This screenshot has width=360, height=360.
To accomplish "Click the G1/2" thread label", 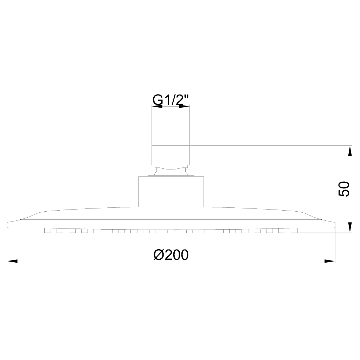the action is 171,100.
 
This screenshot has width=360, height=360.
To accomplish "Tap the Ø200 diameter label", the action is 171,255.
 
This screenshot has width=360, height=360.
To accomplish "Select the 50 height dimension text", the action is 344,189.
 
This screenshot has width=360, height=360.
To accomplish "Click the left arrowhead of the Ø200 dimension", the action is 12,261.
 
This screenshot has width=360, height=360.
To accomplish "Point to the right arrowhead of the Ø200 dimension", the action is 330,261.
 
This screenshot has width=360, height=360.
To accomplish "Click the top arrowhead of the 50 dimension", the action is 350,150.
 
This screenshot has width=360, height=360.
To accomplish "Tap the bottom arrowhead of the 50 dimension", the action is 350,227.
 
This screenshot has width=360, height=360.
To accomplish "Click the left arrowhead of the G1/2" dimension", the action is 157,106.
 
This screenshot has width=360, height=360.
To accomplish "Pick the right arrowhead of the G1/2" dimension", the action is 184,106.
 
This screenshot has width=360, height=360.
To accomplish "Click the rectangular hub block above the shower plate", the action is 171,192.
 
